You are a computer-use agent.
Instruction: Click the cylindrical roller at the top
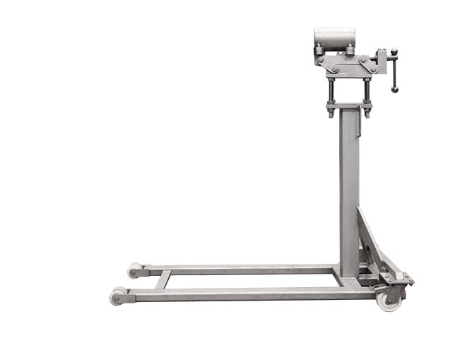pyautogui.click(x=335, y=37)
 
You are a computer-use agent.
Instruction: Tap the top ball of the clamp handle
pyautogui.click(x=394, y=52)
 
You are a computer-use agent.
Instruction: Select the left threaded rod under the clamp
pyautogui.click(x=331, y=90)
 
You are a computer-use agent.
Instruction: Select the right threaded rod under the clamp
pyautogui.click(x=367, y=90)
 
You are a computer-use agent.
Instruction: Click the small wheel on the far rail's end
pyautogui.click(x=134, y=271)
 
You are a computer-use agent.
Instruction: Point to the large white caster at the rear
pyautogui.click(x=387, y=300)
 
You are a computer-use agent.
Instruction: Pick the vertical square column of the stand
pyautogui.click(x=349, y=191)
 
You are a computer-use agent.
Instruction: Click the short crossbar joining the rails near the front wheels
pyautogui.click(x=162, y=280)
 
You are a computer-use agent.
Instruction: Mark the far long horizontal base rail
pyautogui.click(x=240, y=270)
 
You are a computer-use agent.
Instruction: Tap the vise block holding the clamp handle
pyautogui.click(x=382, y=59)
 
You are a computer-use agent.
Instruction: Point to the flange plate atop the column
pyautogui.click(x=348, y=106)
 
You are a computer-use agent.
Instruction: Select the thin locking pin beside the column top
pyautogui.click(x=362, y=128)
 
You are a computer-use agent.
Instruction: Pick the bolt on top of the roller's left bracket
pyautogui.click(x=319, y=47)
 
